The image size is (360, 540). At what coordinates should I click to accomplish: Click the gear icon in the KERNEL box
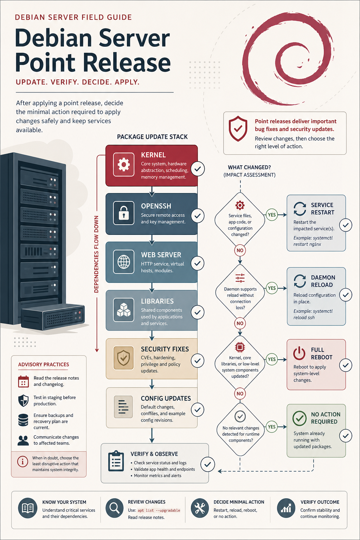point(123,165)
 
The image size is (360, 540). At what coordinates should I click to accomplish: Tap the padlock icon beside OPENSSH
point(123,213)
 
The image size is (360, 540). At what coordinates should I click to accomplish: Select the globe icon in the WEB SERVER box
point(123,262)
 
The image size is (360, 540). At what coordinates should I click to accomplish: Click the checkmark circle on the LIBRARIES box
point(198,312)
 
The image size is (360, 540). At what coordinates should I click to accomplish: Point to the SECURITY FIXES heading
point(165,349)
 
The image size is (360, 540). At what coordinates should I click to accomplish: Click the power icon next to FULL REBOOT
point(299,353)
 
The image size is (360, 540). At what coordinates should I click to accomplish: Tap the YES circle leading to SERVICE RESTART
point(272,214)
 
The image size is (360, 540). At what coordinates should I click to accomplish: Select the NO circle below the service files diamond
point(240,250)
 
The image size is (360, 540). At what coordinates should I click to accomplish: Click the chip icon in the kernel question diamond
point(240,347)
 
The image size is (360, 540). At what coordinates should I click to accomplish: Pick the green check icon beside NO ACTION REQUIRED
point(299,418)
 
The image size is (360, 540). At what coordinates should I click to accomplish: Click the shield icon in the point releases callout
point(238,128)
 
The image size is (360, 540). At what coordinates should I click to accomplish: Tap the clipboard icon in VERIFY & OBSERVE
point(116,461)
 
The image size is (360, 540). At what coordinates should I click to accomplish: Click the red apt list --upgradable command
point(159,510)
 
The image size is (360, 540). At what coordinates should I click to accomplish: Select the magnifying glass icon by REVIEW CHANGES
point(115,508)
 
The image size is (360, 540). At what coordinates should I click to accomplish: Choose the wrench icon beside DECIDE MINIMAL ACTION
point(200,508)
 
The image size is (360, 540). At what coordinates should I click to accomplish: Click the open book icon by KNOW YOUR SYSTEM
point(28,508)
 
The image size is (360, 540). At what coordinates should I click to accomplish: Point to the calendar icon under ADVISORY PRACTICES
point(24,381)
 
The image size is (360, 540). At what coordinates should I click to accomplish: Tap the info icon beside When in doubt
point(22,461)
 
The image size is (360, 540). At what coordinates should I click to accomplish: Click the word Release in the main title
point(127,62)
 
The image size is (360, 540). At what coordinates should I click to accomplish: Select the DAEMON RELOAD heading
point(323,281)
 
